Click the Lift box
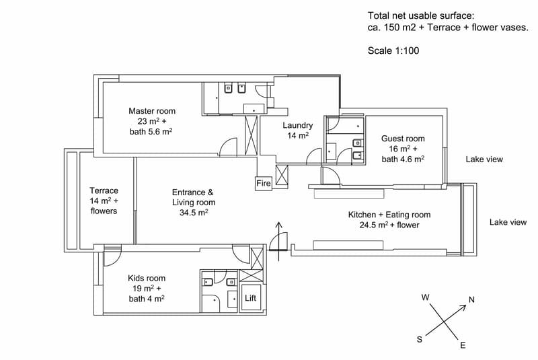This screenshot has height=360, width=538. pyautogui.click(x=250, y=298)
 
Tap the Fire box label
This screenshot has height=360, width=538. pyautogui.click(x=264, y=183)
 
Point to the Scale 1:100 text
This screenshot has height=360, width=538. pyautogui.click(x=393, y=50)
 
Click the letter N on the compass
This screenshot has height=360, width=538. pyautogui.click(x=472, y=299)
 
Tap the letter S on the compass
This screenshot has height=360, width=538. pyautogui.click(x=419, y=339)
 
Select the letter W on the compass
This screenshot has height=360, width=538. pyautogui.click(x=426, y=297)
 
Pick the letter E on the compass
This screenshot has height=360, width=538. pyautogui.click(x=463, y=345)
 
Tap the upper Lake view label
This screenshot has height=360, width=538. pyautogui.click(x=484, y=159)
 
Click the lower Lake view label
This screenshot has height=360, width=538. pyautogui.click(x=508, y=222)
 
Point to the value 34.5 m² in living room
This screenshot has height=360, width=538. pyautogui.click(x=194, y=213)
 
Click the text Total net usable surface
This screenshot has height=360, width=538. pyautogui.click(x=421, y=15)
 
